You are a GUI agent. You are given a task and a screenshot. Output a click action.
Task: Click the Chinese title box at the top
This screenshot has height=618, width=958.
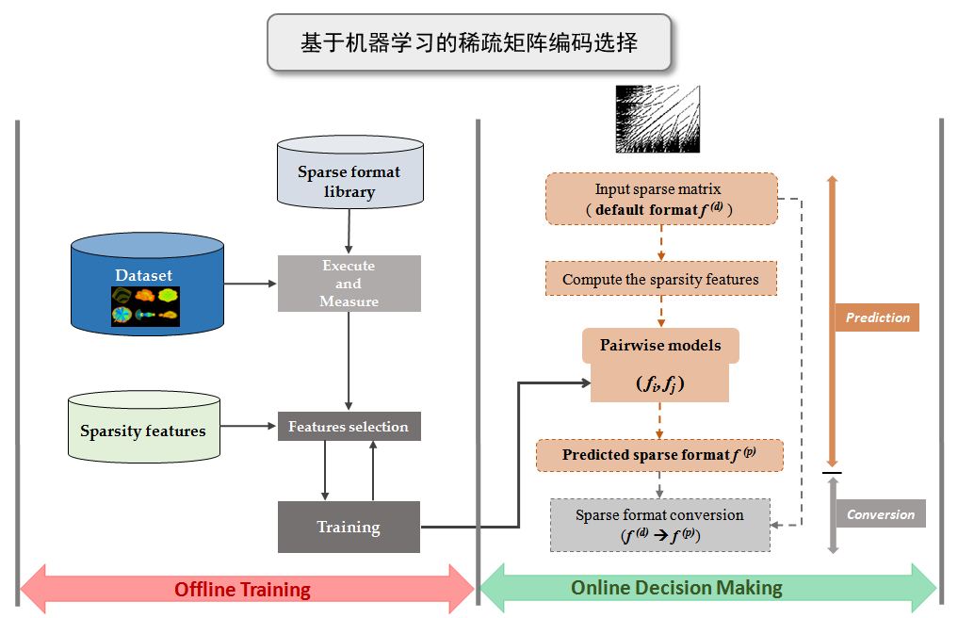[469, 42]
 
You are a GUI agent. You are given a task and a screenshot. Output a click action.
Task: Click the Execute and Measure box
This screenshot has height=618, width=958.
[349, 284]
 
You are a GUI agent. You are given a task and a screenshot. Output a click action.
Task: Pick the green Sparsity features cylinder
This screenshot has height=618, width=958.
[143, 431]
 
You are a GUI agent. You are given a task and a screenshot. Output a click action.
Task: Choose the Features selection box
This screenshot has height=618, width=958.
[349, 427]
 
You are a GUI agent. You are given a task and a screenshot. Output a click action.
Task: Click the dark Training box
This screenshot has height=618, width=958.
[349, 527]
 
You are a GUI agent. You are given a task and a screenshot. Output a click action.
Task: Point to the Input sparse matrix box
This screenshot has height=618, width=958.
[661, 199]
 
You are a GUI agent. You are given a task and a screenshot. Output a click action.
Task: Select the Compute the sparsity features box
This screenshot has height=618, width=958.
[660, 279]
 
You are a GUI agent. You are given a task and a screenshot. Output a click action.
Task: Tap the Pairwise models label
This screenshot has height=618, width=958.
[660, 346]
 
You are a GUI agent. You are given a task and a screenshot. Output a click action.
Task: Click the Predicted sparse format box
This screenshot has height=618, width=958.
[659, 455]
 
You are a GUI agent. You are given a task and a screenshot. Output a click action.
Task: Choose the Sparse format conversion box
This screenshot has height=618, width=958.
[659, 525]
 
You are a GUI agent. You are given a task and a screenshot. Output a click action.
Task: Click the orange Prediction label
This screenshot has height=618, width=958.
[877, 317]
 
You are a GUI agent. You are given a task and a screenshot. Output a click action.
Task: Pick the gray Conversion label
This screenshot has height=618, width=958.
[880, 514]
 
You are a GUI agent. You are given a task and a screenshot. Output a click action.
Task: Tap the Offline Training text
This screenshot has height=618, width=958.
[242, 590]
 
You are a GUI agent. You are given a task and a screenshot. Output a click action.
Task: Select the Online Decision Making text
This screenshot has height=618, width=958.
[676, 588]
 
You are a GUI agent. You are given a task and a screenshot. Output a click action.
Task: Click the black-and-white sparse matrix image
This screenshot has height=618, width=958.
[658, 118]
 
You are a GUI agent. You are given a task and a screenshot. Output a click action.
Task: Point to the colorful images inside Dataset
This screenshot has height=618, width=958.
[145, 306]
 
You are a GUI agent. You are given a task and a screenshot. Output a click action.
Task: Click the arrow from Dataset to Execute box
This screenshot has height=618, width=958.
[251, 282]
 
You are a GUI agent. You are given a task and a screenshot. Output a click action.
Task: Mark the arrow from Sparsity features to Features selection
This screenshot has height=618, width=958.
[248, 427]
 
